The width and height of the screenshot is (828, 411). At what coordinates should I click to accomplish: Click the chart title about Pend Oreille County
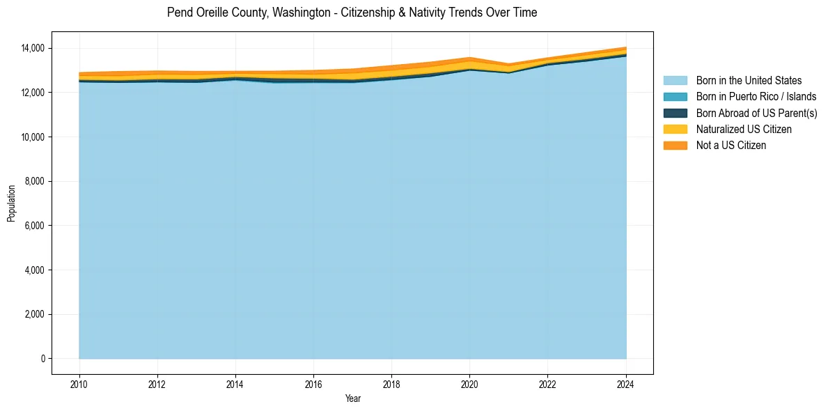point(352,13)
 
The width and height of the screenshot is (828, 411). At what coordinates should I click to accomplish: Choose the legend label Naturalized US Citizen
point(744,130)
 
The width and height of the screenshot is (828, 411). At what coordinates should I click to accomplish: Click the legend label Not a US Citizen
point(731,146)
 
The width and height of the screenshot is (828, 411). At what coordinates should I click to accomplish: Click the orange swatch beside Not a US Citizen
point(675,146)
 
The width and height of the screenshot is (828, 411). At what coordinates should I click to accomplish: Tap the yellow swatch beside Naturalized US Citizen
point(675,130)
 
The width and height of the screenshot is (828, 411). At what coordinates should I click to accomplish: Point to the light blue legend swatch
point(675,81)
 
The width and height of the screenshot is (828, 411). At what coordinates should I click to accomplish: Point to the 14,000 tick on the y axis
point(33,48)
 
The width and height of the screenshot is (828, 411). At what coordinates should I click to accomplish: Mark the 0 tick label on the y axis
point(42,359)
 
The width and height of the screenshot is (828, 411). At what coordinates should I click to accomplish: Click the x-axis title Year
point(352,398)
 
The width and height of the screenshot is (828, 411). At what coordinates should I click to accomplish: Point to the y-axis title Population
point(11,203)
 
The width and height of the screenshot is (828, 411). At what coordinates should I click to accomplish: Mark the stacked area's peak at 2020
point(469,58)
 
